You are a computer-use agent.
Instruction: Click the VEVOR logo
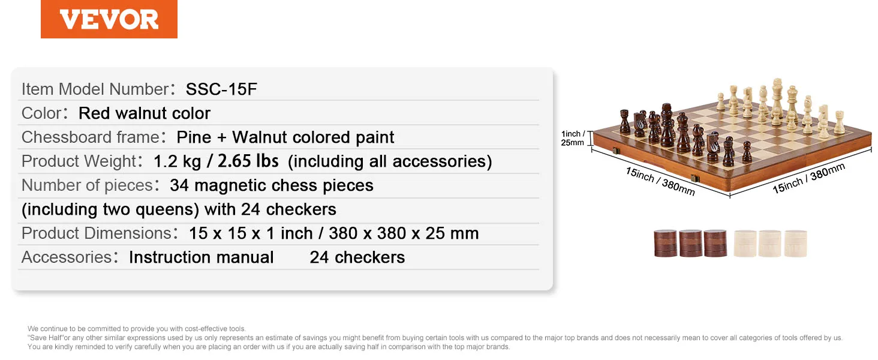(109, 19)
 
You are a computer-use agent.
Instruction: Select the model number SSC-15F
(221, 89)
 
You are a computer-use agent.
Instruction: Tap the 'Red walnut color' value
(145, 113)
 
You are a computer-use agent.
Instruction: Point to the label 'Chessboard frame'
(90, 137)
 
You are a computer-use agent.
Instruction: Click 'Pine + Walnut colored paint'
(285, 137)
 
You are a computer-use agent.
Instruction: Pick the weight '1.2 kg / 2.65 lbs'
(216, 161)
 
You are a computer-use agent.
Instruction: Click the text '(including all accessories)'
(390, 161)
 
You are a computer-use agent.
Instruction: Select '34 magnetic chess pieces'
(272, 185)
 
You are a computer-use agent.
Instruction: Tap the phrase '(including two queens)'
(110, 209)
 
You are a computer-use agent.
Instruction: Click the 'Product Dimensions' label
(97, 233)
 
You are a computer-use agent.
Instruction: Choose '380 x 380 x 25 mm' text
(404, 233)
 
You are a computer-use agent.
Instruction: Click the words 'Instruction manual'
(201, 257)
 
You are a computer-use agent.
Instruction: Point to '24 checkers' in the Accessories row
(357, 257)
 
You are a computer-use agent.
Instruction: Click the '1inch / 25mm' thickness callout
(573, 138)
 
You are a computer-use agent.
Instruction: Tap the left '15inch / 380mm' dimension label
(660, 181)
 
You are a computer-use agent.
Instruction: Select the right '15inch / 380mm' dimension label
(808, 178)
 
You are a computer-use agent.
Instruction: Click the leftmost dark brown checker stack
(666, 244)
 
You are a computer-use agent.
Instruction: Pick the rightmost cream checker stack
(795, 244)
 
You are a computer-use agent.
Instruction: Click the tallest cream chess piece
(777, 101)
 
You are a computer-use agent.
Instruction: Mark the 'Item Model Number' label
(95, 89)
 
